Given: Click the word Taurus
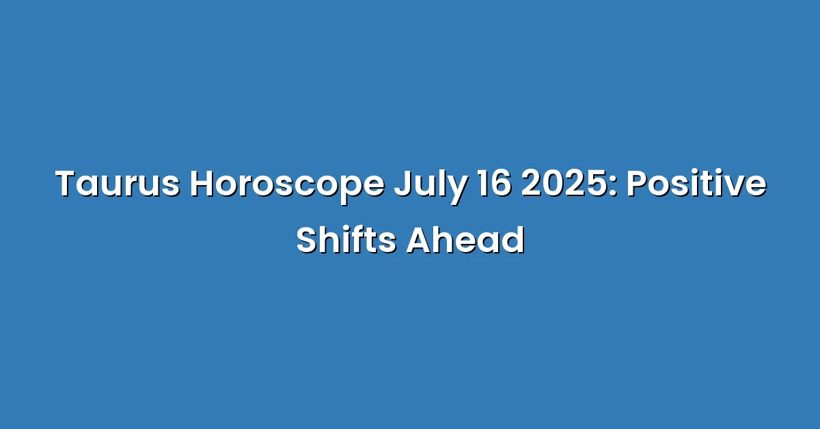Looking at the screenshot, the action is coord(117,183).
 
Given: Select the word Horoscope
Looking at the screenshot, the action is coord(287,186).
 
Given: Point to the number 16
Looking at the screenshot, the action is coord(494,183).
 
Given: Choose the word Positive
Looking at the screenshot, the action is coord(696,182).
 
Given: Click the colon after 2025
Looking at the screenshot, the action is coord(613,187).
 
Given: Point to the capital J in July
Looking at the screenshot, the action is coord(402,183).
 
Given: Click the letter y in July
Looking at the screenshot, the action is coord(456,191).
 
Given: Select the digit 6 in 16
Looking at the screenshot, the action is coord(501,183).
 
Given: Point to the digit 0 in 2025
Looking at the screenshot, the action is coord(553,183).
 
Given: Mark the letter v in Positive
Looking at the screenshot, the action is coord(735,187).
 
